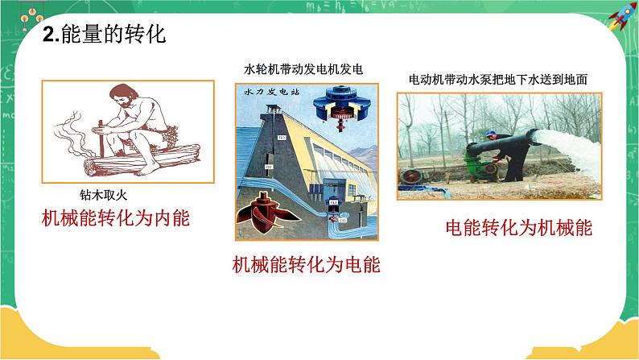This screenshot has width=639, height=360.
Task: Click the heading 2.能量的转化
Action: coord(101,35)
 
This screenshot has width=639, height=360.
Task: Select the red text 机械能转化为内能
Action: coord(117,217)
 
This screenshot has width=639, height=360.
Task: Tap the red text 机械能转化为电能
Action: coord(306,264)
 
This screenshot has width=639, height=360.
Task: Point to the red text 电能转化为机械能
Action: coord(518,227)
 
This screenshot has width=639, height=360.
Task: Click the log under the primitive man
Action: coord(129,165)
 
